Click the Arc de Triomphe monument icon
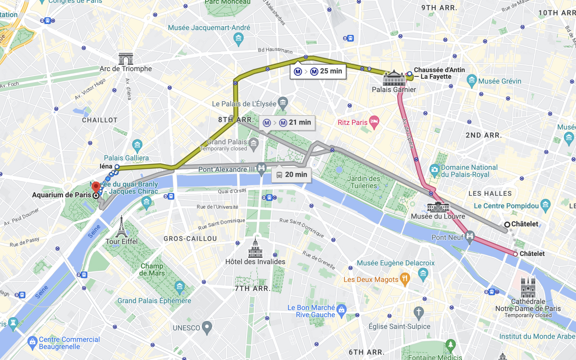pos(126,59)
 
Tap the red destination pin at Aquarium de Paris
pos(96,187)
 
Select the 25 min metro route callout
pos(318,71)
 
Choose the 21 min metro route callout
pos(287,123)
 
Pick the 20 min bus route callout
pos(291,175)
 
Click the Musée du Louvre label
pos(438,216)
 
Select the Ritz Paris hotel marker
pos(374,122)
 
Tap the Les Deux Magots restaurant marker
pos(405,279)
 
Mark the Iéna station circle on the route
pos(117,167)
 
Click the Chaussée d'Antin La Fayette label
pos(439,73)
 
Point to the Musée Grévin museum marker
pos(472,81)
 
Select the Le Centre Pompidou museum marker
pos(545,205)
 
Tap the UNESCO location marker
pos(207,327)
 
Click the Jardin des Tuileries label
pos(364,182)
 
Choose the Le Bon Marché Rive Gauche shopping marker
pos(341,310)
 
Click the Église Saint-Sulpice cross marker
pos(418,313)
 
